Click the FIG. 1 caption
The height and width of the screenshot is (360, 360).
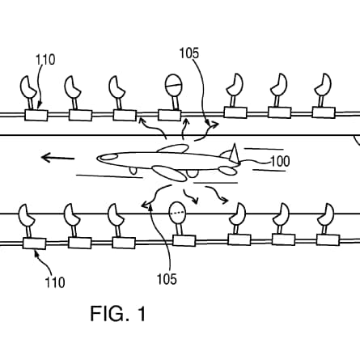pos(118,313)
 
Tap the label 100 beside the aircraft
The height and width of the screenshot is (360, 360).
pos(280,161)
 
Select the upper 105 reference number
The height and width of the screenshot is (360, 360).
pos(189,53)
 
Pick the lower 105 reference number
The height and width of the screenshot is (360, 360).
pos(167,279)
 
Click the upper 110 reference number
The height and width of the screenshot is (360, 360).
pos(45,60)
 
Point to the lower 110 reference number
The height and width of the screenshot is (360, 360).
pos(55,282)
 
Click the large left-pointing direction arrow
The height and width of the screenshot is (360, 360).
pos(57,158)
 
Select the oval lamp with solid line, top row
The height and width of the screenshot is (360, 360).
pos(173,85)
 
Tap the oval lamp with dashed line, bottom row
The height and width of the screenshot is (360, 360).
pos(177,213)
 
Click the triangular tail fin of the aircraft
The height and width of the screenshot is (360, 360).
pos(234,153)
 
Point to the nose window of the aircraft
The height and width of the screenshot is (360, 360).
pos(109,157)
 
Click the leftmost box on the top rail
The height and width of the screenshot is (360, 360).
pos(36,115)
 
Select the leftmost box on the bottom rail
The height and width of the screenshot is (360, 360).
pos(34,244)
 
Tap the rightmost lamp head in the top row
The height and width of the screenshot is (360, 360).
pos(324,84)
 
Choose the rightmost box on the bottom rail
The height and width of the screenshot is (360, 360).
pos(328,239)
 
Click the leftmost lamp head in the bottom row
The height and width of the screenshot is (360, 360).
pos(26,215)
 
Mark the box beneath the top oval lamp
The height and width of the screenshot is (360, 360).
pos(169,115)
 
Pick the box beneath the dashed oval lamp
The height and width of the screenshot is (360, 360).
pos(184,240)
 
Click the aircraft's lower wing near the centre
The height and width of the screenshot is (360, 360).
pos(169,173)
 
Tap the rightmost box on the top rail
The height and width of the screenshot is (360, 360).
pos(324,112)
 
